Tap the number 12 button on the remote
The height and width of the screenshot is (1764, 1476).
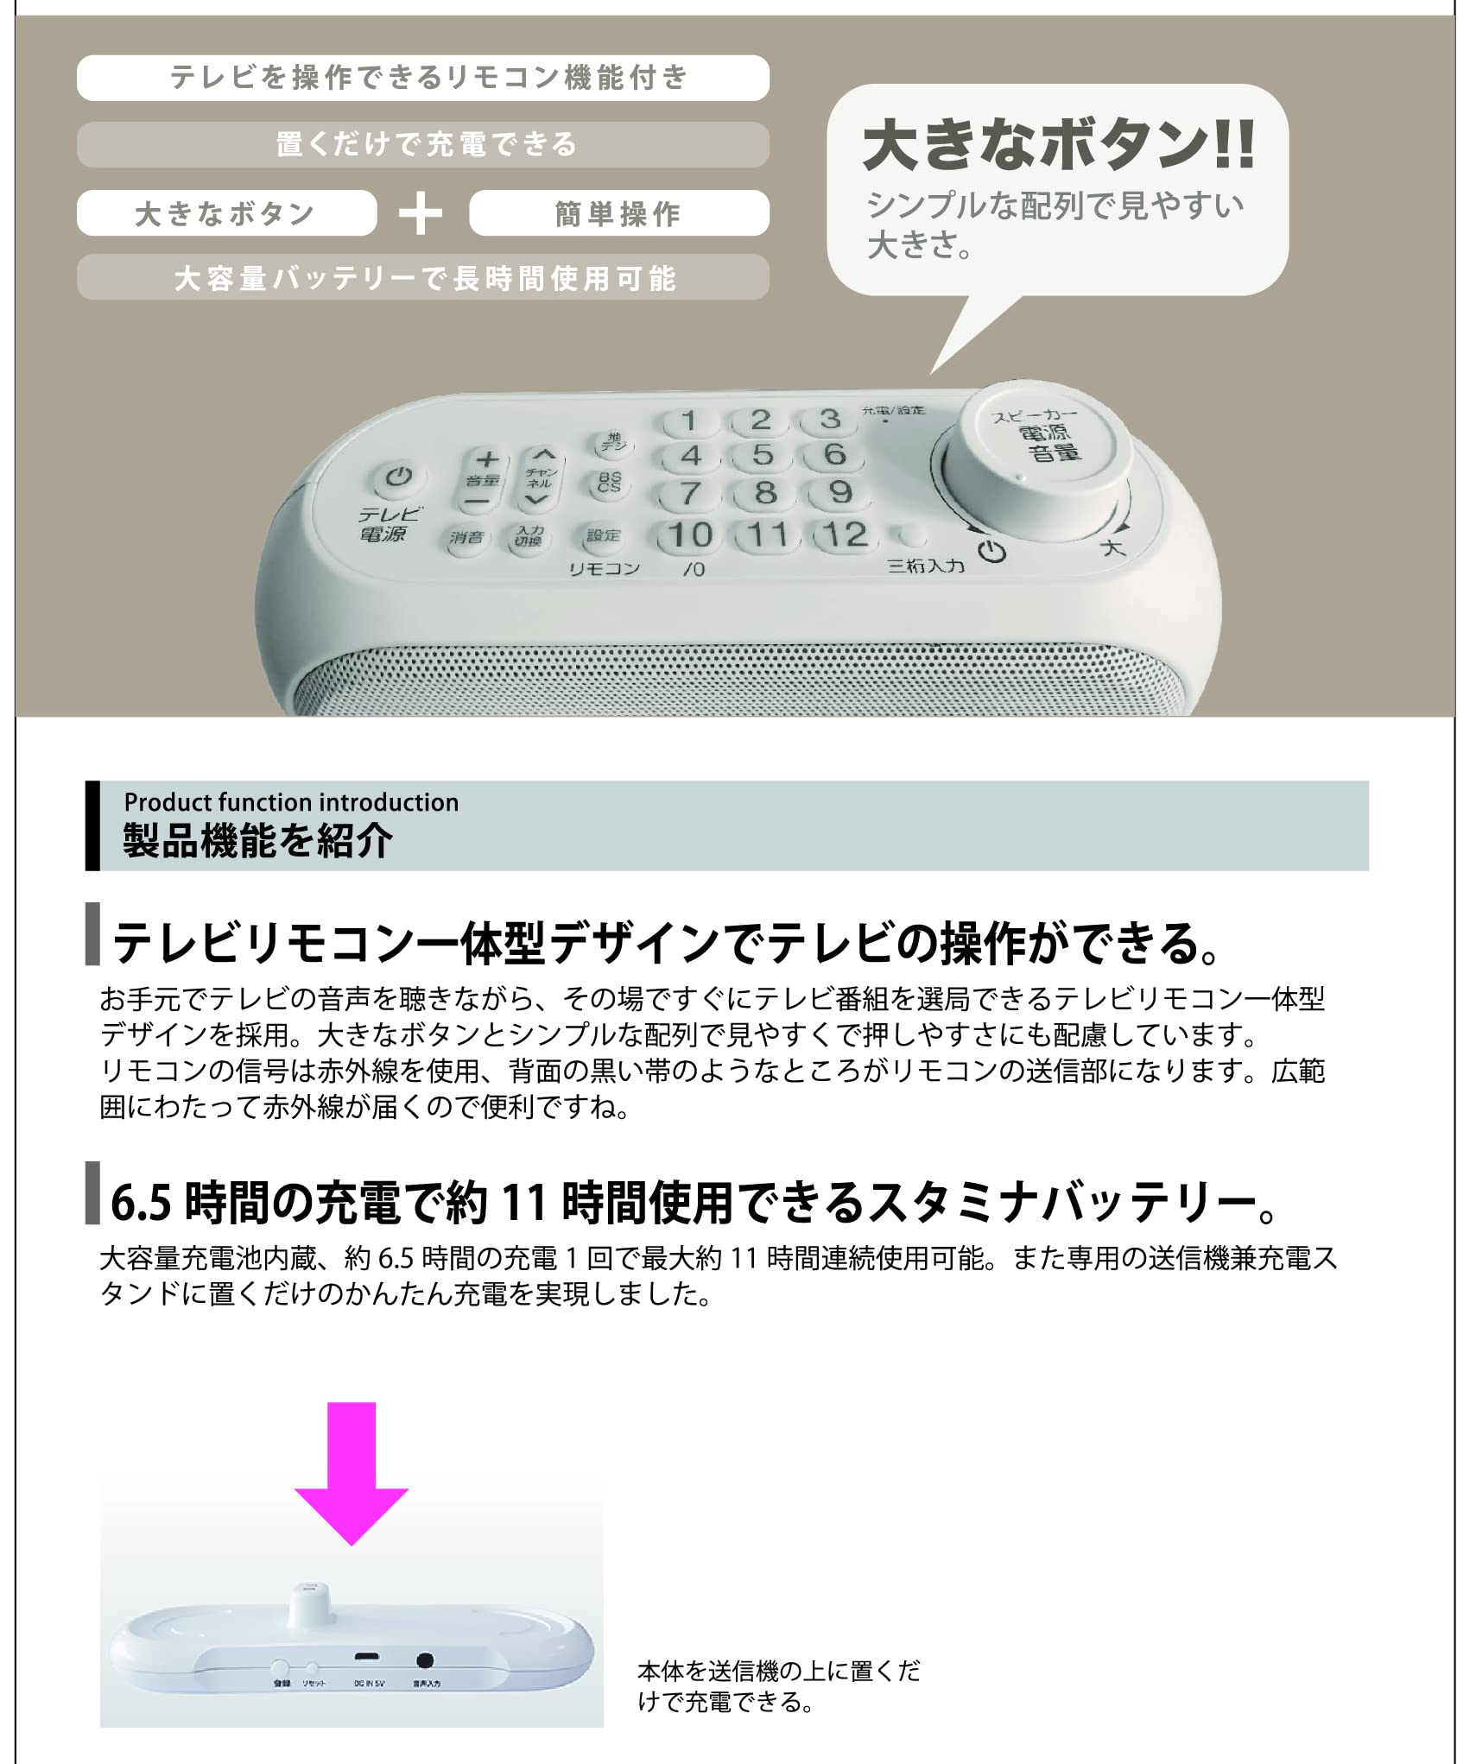(846, 534)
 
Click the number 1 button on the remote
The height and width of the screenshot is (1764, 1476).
(688, 421)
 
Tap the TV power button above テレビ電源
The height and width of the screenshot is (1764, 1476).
(396, 477)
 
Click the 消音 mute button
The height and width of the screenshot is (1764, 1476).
(466, 537)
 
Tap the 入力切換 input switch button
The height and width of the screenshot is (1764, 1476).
(529, 537)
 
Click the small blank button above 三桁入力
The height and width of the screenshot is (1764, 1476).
(909, 536)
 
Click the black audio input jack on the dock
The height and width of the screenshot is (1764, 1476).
(424, 1660)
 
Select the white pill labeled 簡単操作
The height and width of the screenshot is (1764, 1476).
(618, 213)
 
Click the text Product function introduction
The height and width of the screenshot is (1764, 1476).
(291, 802)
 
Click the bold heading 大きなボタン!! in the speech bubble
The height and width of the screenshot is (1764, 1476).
(1058, 145)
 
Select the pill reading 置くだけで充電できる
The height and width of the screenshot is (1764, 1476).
(422, 144)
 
